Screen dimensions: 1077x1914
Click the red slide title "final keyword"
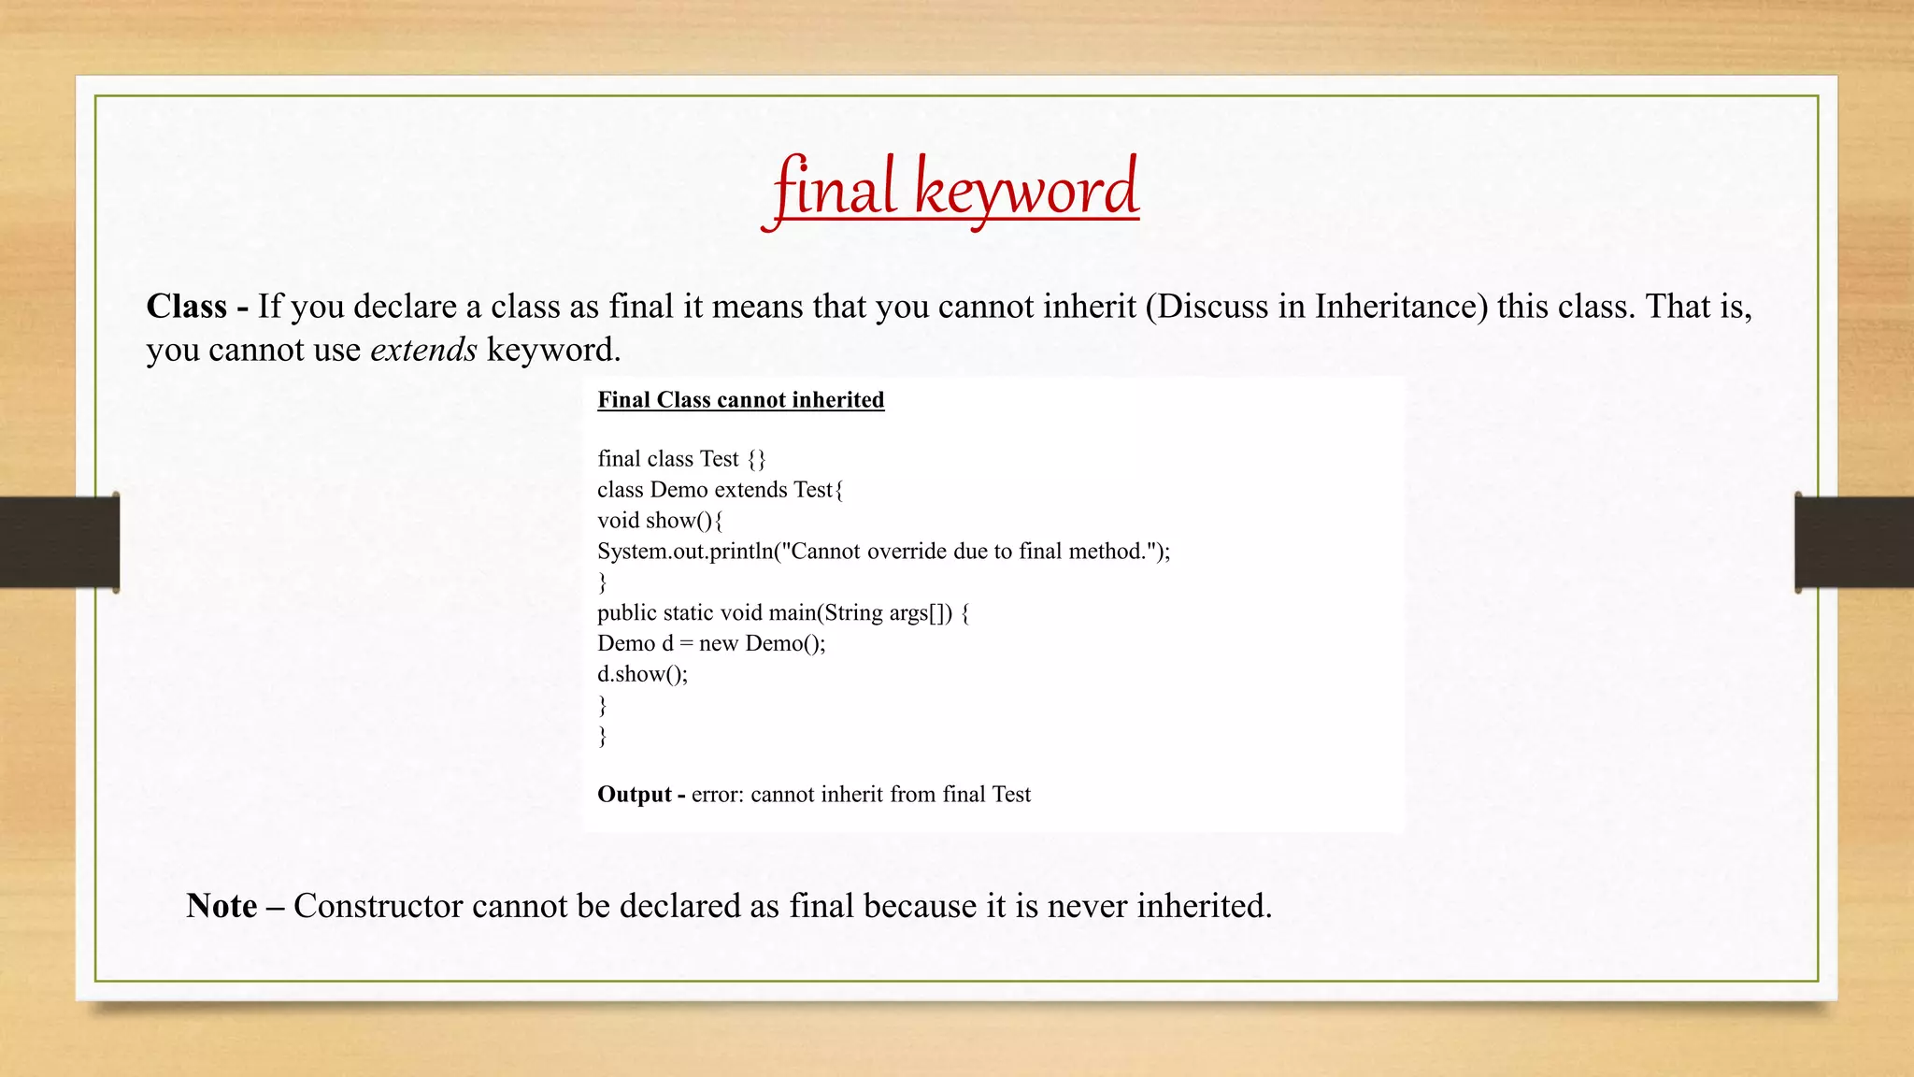(x=954, y=190)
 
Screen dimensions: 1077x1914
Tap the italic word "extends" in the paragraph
(x=423, y=350)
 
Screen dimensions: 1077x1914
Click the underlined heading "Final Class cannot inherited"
(x=740, y=400)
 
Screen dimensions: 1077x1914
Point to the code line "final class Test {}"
(x=681, y=459)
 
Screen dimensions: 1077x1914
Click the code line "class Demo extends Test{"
(x=720, y=490)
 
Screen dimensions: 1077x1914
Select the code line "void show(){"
(x=660, y=521)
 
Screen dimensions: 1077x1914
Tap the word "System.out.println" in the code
(x=685, y=552)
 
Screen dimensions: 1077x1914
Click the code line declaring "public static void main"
(x=783, y=613)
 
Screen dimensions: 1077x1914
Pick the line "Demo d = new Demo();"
(x=711, y=644)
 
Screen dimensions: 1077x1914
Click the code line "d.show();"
(x=642, y=674)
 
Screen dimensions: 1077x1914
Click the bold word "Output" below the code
(x=634, y=795)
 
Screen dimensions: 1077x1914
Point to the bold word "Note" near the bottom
(x=221, y=906)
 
